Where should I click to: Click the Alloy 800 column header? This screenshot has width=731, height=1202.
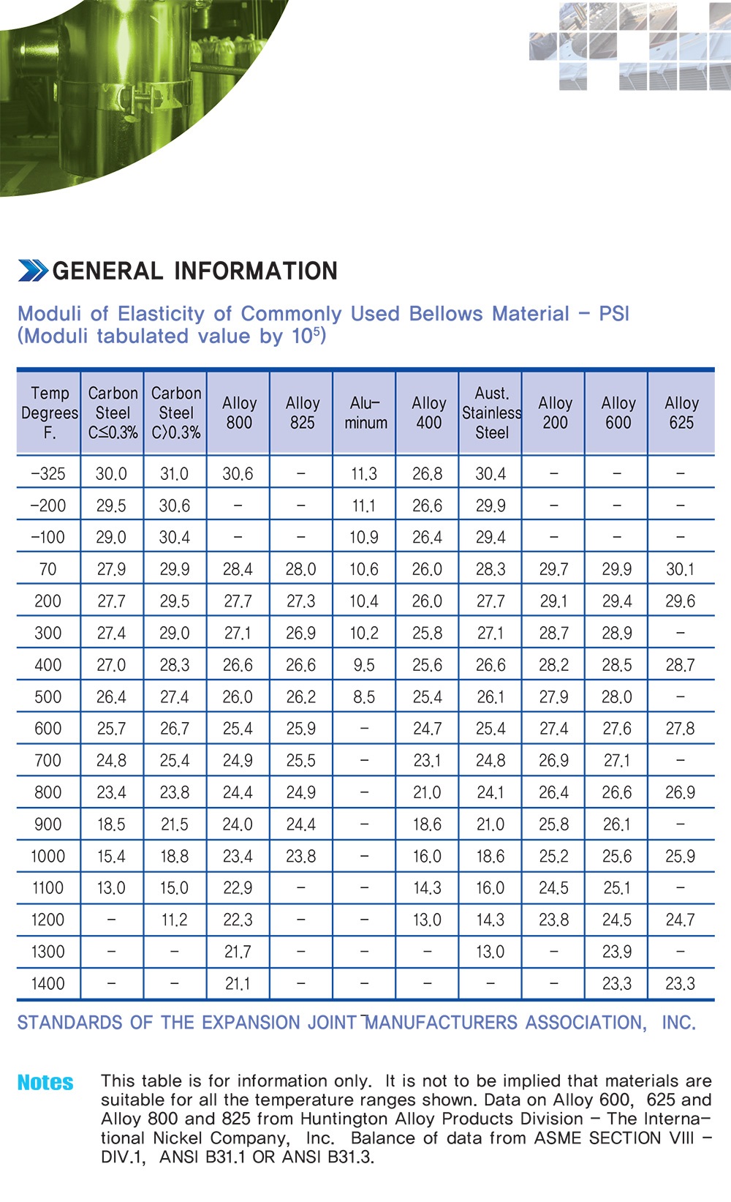[239, 413]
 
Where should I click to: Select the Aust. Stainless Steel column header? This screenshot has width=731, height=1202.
[491, 413]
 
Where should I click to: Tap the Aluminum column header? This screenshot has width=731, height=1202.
[365, 413]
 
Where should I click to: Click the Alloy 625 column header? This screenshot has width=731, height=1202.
[681, 413]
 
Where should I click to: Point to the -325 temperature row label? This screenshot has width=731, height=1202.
[48, 474]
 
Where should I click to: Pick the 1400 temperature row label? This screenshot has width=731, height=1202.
[48, 984]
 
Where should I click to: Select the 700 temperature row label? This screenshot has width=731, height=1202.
[48, 761]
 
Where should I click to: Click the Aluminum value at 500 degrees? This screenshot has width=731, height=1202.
[364, 697]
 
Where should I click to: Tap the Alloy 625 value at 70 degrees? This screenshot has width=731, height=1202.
[680, 569]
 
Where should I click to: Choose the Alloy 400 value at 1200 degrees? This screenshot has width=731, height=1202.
[427, 920]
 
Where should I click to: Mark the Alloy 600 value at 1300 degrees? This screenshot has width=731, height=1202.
[617, 952]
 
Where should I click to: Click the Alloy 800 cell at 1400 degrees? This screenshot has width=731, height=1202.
[238, 984]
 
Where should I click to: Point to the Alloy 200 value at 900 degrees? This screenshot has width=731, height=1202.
[553, 825]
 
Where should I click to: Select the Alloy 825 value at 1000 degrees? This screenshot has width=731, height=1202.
[301, 857]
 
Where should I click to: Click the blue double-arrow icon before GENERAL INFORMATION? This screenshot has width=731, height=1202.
[33, 271]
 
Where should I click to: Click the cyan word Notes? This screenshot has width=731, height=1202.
[45, 1083]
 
